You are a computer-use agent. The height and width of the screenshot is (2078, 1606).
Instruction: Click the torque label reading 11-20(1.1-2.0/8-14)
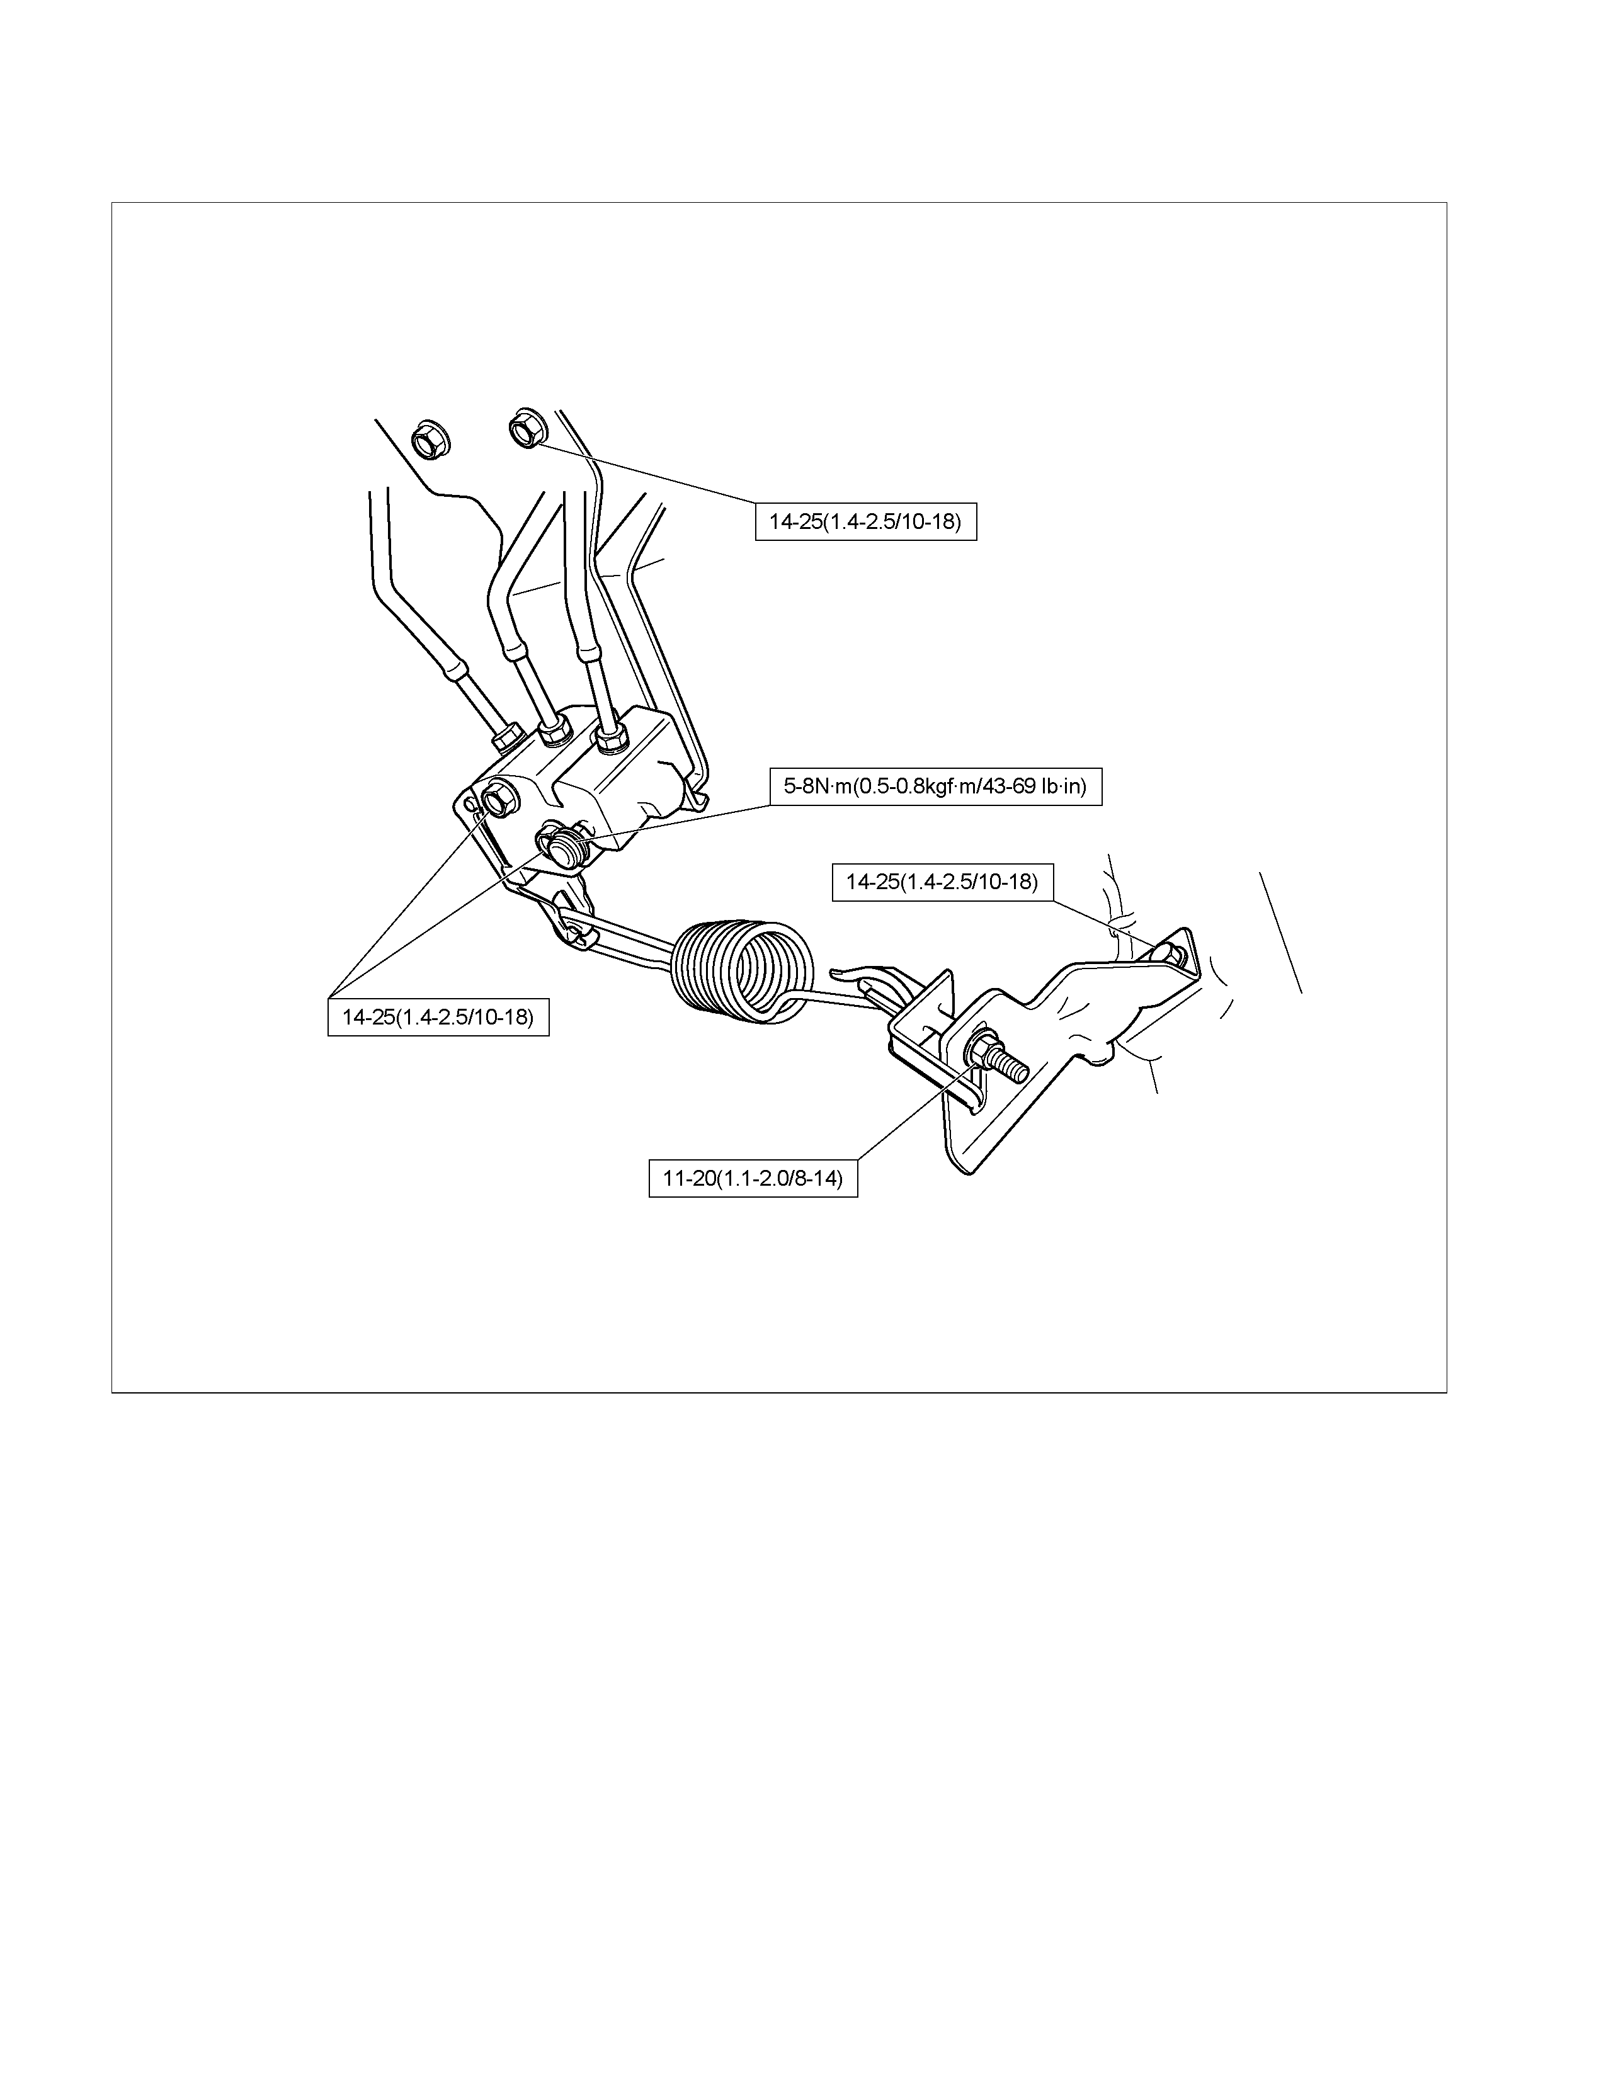[x=753, y=1178]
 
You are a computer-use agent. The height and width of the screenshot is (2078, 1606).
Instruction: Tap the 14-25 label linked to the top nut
[x=866, y=521]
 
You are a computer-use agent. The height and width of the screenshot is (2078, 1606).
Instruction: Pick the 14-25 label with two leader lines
[x=438, y=1017]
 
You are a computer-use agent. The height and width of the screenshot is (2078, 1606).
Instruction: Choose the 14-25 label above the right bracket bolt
[x=942, y=882]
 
